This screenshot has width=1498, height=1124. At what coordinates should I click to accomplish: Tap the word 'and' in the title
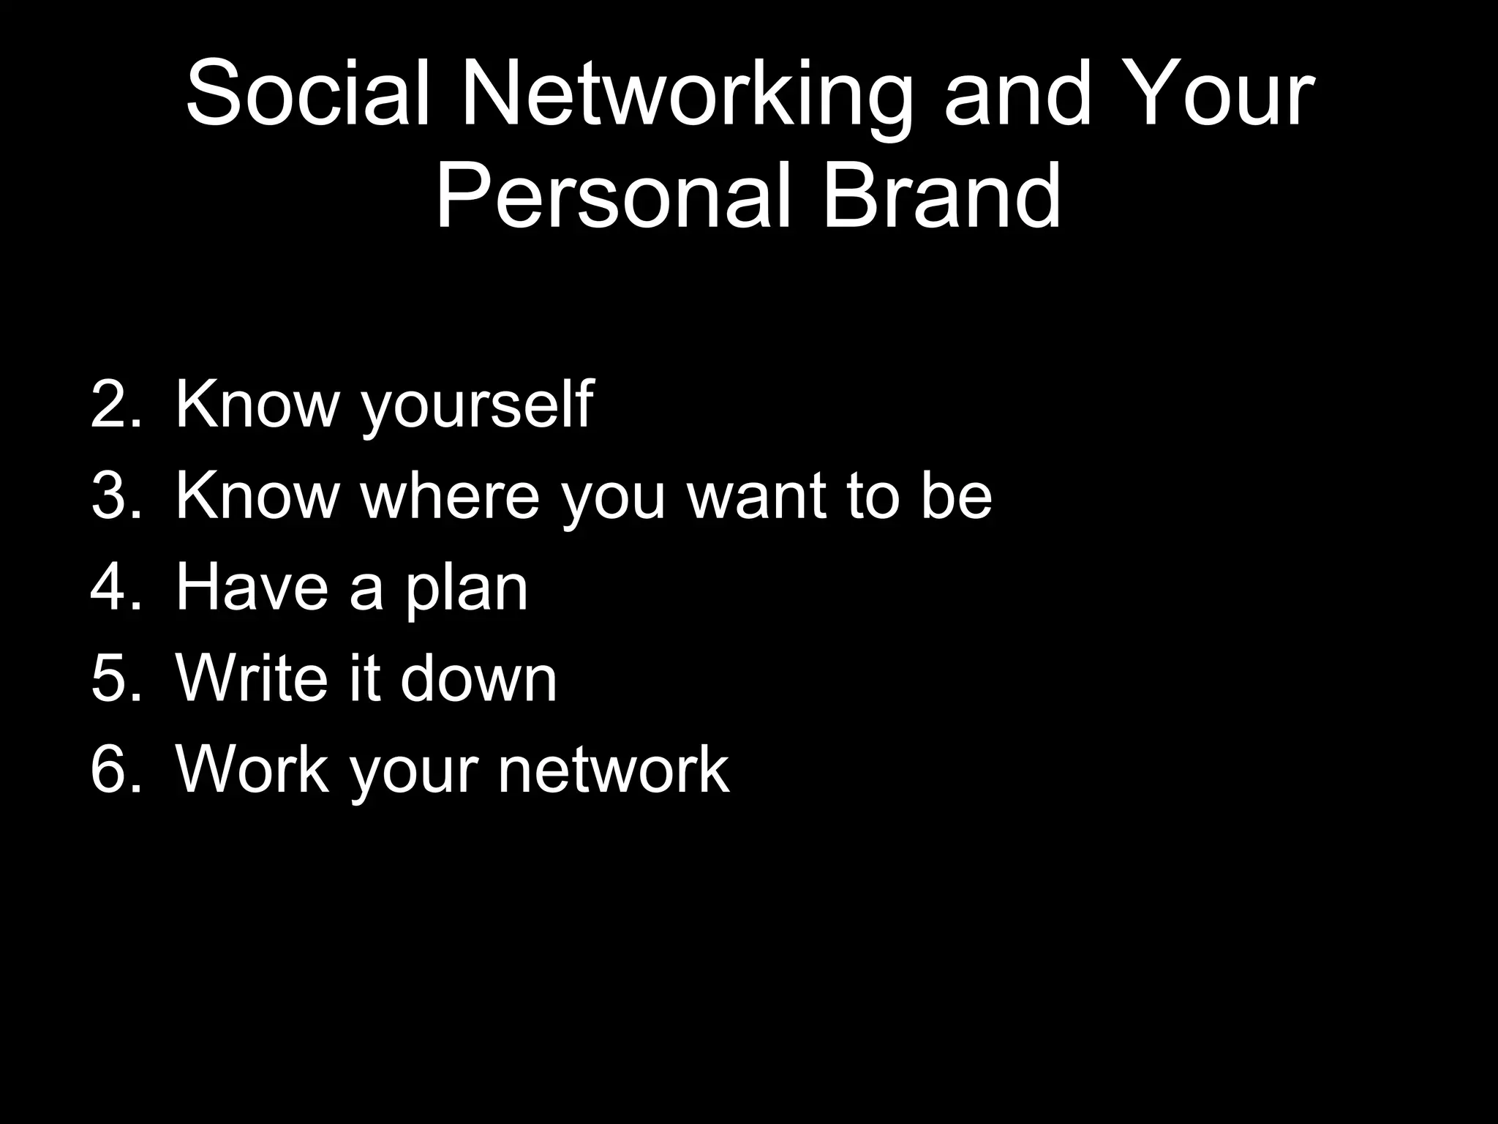tap(1017, 95)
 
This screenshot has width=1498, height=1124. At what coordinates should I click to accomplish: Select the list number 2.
tap(115, 404)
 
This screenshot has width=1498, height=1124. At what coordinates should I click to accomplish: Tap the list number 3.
tap(115, 495)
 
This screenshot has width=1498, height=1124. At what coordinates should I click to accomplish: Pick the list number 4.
tap(115, 587)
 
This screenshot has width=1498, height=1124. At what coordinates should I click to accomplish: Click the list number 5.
tap(115, 678)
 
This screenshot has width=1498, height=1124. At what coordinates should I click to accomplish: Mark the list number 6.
tap(115, 770)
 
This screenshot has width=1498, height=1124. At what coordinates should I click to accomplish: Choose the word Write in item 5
tap(252, 678)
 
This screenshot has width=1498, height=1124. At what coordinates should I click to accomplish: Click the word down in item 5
tap(479, 678)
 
